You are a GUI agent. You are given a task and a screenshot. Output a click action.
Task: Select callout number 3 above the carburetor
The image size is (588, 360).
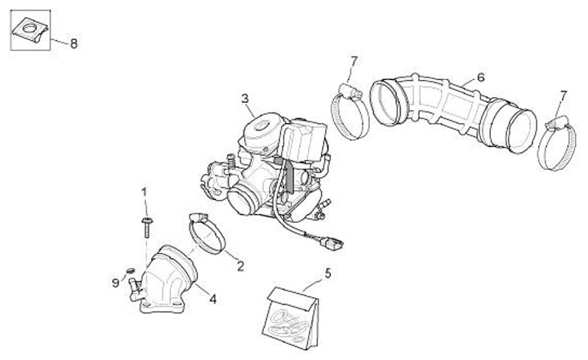pyautogui.click(x=244, y=100)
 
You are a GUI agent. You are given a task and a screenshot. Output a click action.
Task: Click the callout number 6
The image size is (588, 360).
pyautogui.click(x=480, y=78)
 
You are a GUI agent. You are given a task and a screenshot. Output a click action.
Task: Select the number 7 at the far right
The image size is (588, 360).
pyautogui.click(x=561, y=97)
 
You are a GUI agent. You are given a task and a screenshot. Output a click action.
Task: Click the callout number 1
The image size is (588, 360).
pyautogui.click(x=145, y=193)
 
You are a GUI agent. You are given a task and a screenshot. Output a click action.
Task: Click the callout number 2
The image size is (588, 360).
pyautogui.click(x=240, y=265)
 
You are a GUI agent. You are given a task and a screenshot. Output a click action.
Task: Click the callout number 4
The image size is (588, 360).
pyautogui.click(x=213, y=299)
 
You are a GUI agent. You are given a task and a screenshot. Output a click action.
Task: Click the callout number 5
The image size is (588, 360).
pyautogui.click(x=328, y=274)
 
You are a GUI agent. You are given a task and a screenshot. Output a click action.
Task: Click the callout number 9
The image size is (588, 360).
pyautogui.click(x=115, y=283)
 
